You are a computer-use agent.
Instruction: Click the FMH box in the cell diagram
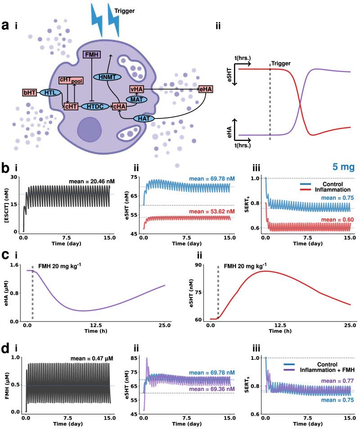click(x=92, y=54)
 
